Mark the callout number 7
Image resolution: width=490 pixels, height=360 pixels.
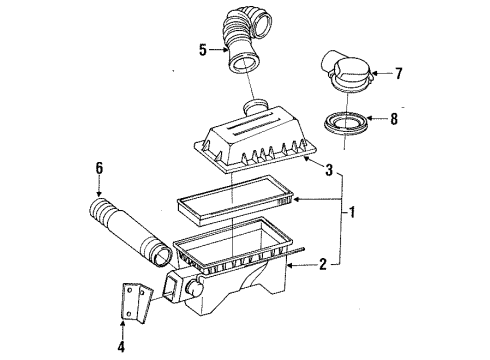point(398,73)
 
